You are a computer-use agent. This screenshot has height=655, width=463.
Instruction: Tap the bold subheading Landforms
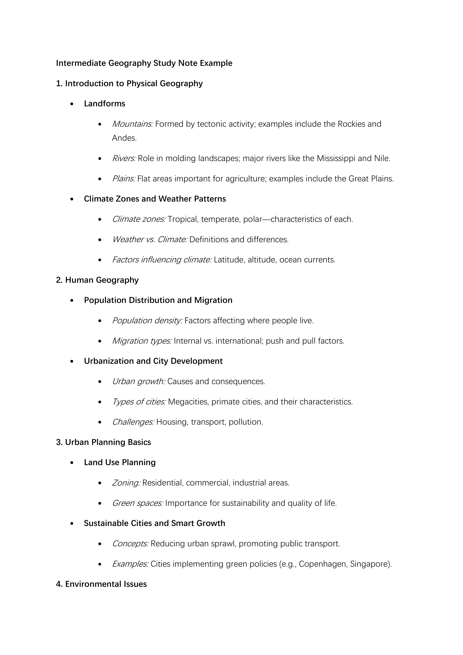104,104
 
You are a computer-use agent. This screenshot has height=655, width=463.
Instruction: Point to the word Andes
124,138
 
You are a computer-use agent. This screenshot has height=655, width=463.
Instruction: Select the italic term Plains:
124,179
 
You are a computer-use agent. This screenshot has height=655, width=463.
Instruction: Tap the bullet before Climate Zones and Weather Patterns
72,199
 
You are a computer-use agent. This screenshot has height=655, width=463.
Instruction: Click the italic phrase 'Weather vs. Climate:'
149,239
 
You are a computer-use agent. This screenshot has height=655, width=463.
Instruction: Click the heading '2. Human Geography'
97,280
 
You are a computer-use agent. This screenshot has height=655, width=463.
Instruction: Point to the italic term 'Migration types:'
142,341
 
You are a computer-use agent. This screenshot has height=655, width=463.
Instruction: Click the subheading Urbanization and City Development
153,361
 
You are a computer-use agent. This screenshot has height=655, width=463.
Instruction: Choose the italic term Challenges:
133,422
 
